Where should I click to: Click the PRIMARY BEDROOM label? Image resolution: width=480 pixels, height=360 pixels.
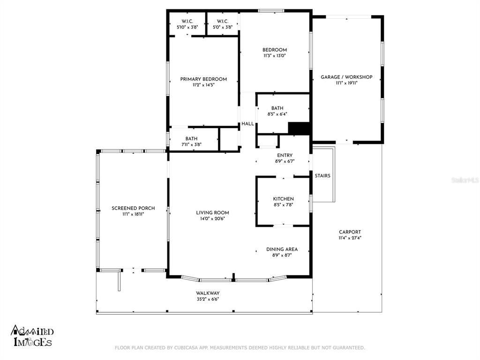coord(203,79)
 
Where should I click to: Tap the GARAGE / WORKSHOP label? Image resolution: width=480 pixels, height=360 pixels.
coord(346,77)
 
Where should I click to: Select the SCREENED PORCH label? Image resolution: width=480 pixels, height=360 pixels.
coord(133,208)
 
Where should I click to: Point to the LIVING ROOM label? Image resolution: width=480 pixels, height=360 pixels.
coord(212,213)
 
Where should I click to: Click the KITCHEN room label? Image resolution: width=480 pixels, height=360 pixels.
coord(284,199)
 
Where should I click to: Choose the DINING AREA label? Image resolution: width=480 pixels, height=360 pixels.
coord(282,249)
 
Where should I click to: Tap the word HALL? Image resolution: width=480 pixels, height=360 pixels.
coord(247,124)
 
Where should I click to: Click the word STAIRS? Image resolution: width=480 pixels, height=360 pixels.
coord(322,176)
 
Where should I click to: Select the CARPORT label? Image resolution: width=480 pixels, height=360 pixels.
coord(350,232)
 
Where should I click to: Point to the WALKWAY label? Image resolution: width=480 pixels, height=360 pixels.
coord(208,293)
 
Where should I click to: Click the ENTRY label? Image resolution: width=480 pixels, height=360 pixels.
coord(285,156)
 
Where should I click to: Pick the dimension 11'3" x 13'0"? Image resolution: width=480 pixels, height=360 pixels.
coord(275,56)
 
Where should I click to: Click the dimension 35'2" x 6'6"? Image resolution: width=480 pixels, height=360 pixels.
coord(208,299)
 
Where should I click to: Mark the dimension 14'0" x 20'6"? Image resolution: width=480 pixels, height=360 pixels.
coord(212,218)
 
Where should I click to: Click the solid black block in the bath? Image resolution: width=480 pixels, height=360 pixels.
coord(299,128)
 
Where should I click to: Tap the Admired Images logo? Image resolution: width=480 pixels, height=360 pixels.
coord(32,336)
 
